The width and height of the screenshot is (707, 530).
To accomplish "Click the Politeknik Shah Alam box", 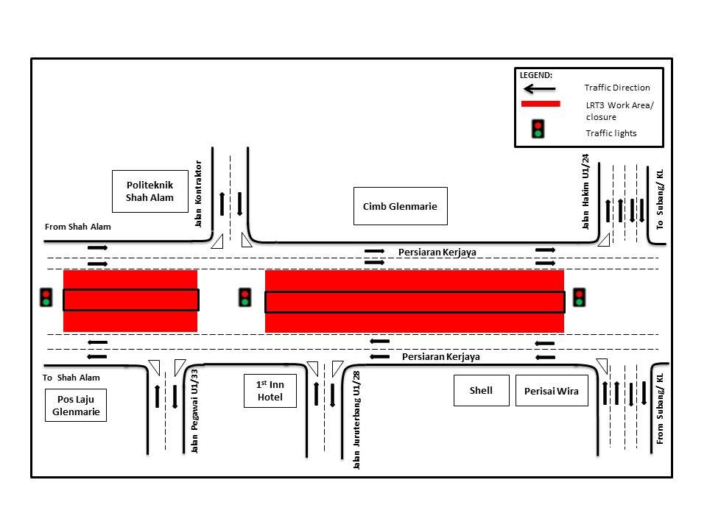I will pos(150,191).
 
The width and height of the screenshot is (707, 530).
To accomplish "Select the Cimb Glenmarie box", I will pos(400,206).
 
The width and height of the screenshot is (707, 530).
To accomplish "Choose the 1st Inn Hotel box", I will pos(270,391).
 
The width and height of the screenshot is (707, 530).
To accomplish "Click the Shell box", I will pos(481,390).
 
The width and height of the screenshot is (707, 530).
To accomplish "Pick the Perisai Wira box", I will pos(552,391).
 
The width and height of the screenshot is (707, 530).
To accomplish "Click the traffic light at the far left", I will pos(46,297).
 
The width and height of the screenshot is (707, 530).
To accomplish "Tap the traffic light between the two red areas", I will pos(245,297).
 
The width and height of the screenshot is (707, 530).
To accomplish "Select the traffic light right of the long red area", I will pos(579,297).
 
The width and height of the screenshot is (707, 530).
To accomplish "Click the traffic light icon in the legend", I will pos(538,129).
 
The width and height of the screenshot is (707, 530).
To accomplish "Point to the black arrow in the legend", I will pos(540,88).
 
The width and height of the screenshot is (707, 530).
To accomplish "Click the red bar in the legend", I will pos(541,105).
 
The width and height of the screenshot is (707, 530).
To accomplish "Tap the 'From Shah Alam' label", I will pos(77,227).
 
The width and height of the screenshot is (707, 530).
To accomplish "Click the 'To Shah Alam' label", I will pos(71,378).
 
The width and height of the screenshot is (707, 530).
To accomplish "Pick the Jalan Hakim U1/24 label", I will pos(586,191).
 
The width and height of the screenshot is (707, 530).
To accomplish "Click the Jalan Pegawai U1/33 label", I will pos(195,417).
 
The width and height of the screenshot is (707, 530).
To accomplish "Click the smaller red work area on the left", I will pos(130,300).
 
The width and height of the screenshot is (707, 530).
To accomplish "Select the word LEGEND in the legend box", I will pos(536,75).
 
